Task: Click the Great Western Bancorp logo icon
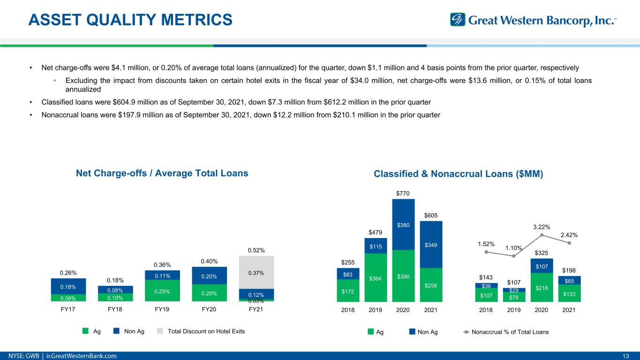pyautogui.click(x=457, y=20)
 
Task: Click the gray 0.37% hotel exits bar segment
pyautogui.click(x=256, y=272)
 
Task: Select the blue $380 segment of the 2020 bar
pyautogui.click(x=403, y=225)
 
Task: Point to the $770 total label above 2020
pyautogui.click(x=403, y=193)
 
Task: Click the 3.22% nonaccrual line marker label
pyautogui.click(x=542, y=227)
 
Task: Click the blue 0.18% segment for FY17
pyautogui.click(x=68, y=286)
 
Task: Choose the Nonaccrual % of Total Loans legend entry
pyautogui.click(x=510, y=332)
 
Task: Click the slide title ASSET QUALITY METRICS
pyautogui.click(x=130, y=20)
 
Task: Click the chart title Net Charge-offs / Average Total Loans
pyautogui.click(x=162, y=173)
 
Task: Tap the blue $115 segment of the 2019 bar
pyautogui.click(x=375, y=246)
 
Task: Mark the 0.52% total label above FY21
pyautogui.click(x=256, y=250)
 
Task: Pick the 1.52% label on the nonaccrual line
pyautogui.click(x=487, y=244)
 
